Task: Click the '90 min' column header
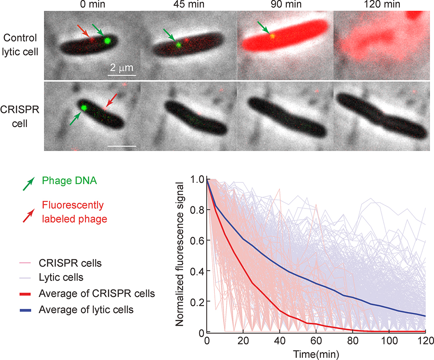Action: tap(285, 5)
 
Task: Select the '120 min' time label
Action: tap(381, 5)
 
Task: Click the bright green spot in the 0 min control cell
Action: tap(107, 41)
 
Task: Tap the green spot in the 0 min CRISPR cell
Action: tap(84, 107)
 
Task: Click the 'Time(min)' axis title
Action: tap(316, 352)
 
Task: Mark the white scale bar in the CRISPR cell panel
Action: tap(122, 146)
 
